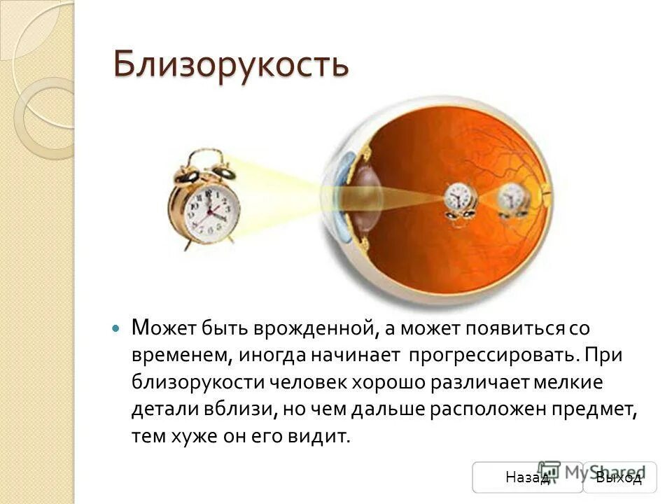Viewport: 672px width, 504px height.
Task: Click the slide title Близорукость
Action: click(x=231, y=66)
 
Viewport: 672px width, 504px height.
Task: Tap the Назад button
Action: click(x=526, y=477)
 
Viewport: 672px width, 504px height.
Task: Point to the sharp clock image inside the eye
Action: click(x=460, y=197)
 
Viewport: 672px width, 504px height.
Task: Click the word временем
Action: click(x=178, y=354)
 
